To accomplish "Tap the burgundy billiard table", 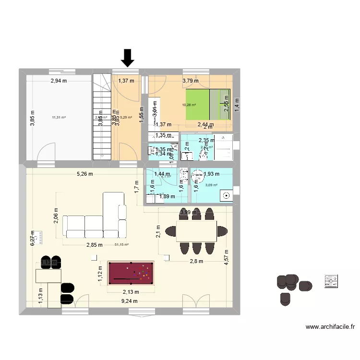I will (x=130, y=273).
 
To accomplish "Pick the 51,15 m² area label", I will (x=121, y=244).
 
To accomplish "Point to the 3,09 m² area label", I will (x=211, y=185).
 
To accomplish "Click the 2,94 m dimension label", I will (x=58, y=81).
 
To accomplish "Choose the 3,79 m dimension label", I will (x=190, y=81).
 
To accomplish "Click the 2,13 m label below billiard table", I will (x=130, y=292).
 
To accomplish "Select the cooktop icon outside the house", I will (x=331, y=281).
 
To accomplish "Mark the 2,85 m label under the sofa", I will (x=95, y=245).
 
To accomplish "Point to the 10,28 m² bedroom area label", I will (x=189, y=105).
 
